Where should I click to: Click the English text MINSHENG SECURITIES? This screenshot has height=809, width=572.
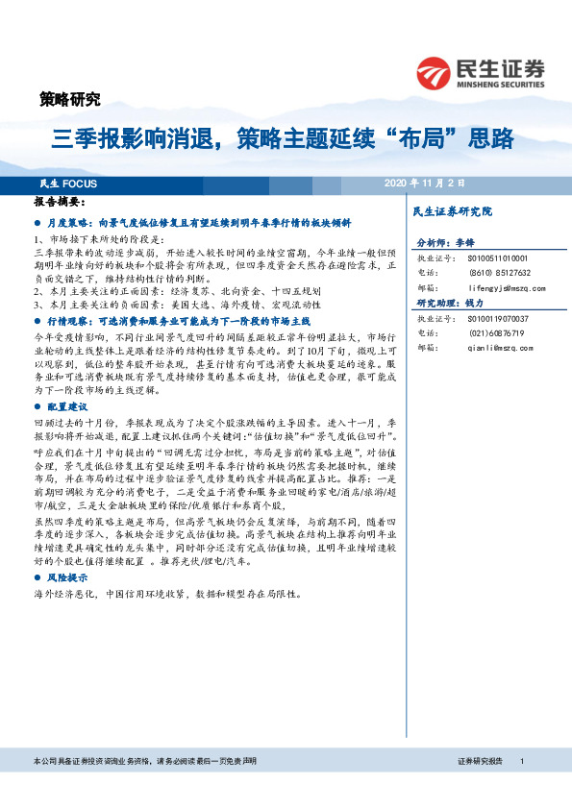coord(505,82)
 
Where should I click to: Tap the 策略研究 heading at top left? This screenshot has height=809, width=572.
coord(69,98)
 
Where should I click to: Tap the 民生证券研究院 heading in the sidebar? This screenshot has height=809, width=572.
coord(452,210)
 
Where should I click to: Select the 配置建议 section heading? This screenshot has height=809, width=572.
coord(66,407)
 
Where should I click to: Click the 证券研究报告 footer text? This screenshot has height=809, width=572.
coord(482,761)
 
